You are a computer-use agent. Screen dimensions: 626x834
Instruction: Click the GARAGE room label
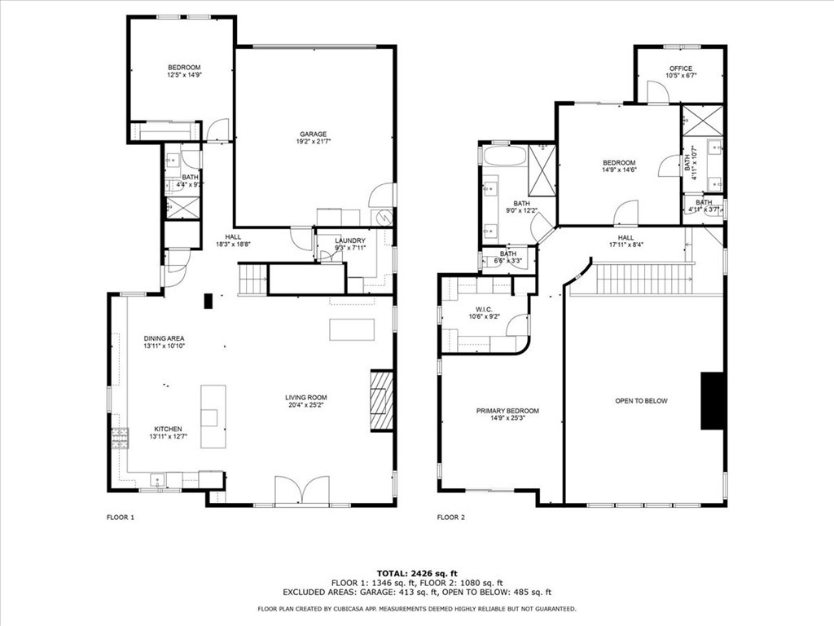pos(312,134)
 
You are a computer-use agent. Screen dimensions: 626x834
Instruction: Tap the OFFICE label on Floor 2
pos(681,68)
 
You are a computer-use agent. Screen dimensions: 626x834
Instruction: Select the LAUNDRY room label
pos(350,240)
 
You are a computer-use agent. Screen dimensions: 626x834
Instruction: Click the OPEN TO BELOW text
pos(641,401)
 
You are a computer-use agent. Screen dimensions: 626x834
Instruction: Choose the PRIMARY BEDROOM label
pos(507,412)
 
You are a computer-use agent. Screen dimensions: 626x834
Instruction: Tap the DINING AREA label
pos(165,338)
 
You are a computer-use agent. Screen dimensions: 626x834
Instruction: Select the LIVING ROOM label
pos(306,399)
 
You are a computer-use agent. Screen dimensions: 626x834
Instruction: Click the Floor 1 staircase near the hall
pos(253,279)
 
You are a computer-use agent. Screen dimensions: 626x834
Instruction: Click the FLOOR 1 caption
pos(121,518)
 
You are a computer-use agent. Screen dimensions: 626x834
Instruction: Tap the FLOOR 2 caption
pos(450,518)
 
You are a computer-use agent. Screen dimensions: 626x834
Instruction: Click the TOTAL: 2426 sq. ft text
pos(416,573)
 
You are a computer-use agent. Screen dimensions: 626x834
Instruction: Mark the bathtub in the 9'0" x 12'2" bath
pos(505,156)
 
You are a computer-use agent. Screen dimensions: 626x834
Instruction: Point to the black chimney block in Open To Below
pos(713,400)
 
